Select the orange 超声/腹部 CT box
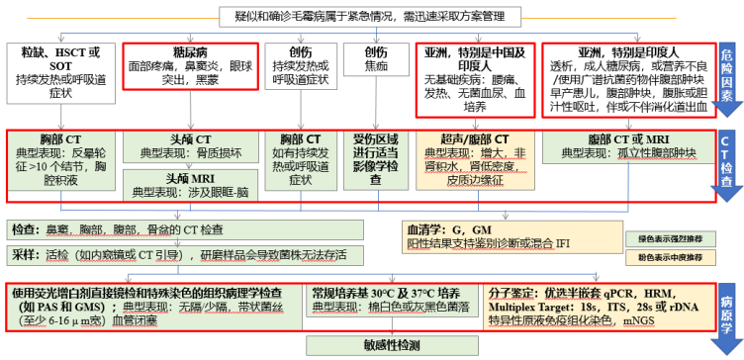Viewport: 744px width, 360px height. (467, 160)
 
